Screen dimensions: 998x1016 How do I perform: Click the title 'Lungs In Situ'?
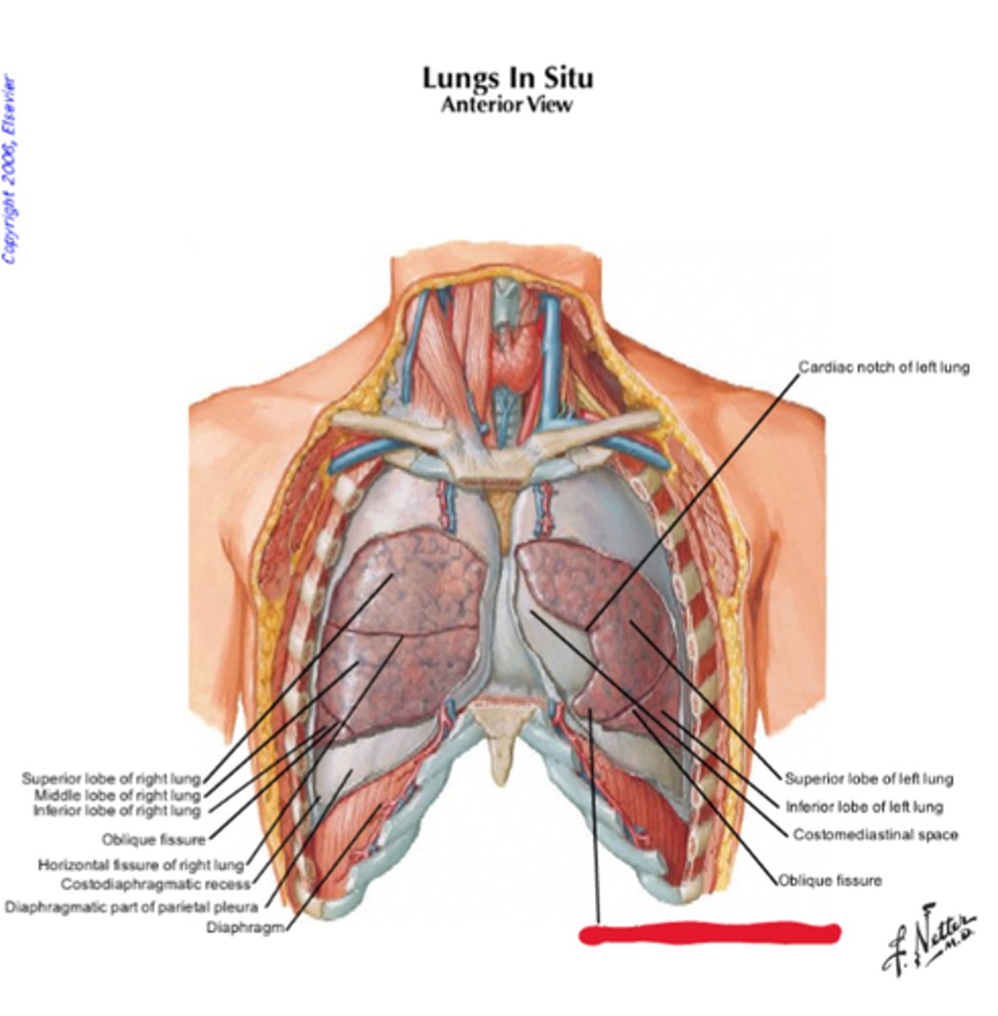(507, 78)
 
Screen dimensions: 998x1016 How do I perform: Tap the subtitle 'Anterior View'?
(507, 105)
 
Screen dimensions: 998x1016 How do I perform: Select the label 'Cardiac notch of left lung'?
(884, 367)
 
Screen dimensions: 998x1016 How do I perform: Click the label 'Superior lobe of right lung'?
(111, 778)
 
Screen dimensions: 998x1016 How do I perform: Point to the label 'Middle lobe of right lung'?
(117, 795)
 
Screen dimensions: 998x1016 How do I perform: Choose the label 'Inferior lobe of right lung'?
(117, 811)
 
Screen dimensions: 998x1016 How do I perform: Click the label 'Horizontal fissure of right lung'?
(141, 865)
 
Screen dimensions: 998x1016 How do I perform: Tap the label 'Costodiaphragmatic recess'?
(156, 885)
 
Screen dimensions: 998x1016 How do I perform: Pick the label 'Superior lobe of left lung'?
(868, 779)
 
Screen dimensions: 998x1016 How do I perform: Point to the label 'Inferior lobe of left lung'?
(863, 807)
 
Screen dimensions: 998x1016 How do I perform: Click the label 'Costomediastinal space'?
(875, 835)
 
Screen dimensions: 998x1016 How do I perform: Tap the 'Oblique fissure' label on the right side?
(830, 881)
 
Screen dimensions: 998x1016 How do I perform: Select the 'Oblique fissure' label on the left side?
(153, 840)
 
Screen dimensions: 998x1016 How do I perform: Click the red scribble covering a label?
(710, 933)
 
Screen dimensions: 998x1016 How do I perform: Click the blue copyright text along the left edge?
(9, 169)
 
